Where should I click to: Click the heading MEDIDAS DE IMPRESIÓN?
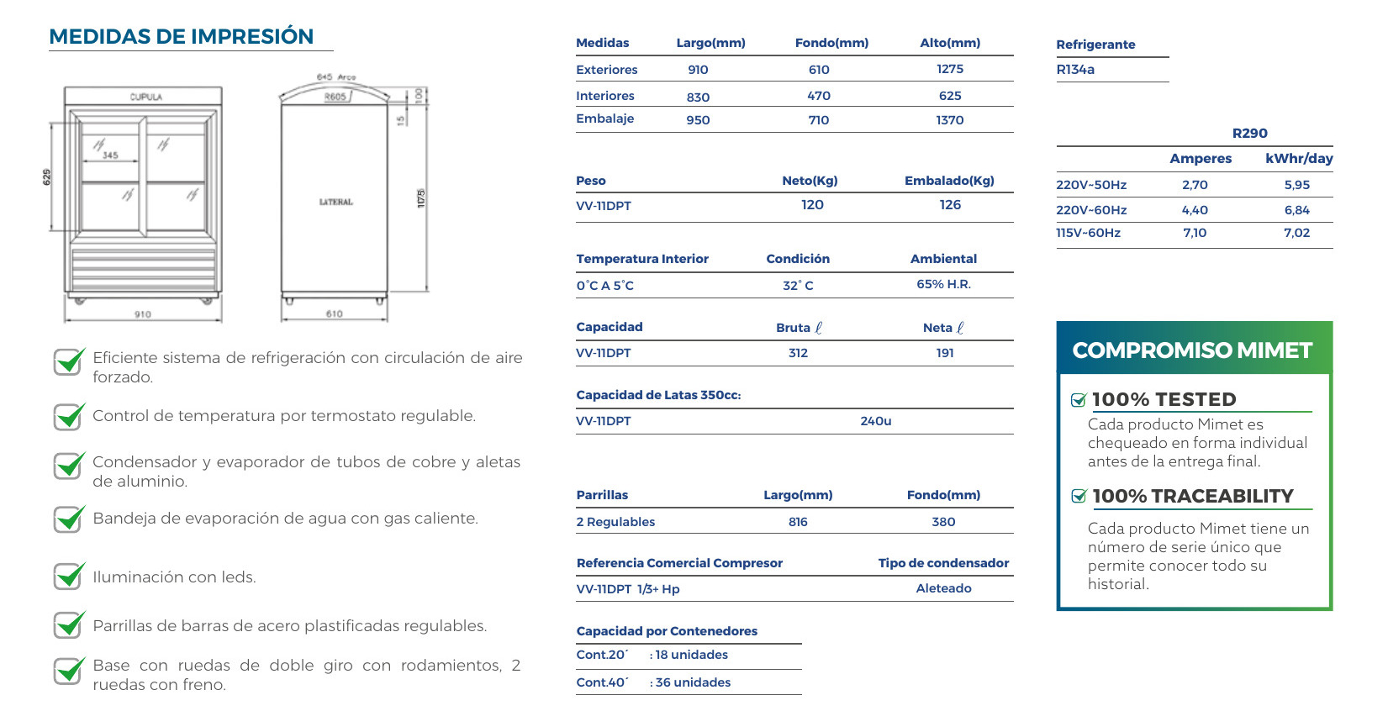(181, 37)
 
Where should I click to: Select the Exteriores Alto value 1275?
(950, 69)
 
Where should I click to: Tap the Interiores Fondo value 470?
(818, 96)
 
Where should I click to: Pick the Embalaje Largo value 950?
(698, 120)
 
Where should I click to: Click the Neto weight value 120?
(812, 205)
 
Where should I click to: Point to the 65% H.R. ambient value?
(943, 284)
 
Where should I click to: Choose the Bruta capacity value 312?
(798, 353)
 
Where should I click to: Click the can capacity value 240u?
(875, 421)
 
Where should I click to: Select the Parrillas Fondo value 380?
(943, 522)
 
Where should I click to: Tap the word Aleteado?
(943, 588)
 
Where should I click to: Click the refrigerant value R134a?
(1075, 70)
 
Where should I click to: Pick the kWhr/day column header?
(1298, 159)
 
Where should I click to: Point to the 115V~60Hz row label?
(1088, 233)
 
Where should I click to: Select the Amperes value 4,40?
(1194, 210)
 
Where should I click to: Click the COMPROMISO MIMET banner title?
(1192, 350)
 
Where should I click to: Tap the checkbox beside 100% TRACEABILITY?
(1079, 496)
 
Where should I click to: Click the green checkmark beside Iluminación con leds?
(69, 577)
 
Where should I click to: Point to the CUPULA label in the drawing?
(145, 97)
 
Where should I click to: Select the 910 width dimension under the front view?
(143, 314)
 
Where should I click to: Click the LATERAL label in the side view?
(335, 202)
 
